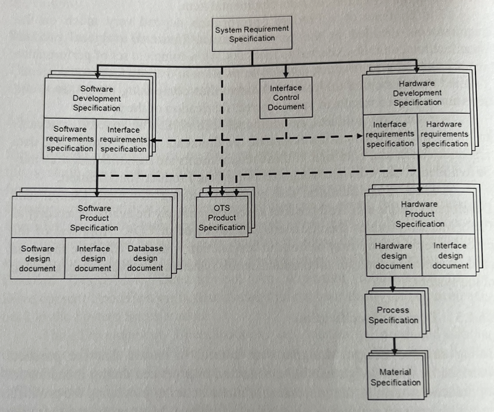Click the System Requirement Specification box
[252, 34]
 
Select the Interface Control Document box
[286, 97]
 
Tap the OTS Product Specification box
[222, 218]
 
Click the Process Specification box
[393, 315]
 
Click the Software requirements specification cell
[70, 139]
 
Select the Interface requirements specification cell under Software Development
[123, 139]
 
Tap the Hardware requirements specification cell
[444, 134]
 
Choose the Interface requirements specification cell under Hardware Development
[390, 134]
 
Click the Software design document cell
[38, 258]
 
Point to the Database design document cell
[145, 258]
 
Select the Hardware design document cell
[393, 256]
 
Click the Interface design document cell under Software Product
[92, 258]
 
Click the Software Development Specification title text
[97, 98]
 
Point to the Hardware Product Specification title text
[420, 214]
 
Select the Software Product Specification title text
[94, 218]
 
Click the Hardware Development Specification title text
[417, 93]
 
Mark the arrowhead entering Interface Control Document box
[286, 74]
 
